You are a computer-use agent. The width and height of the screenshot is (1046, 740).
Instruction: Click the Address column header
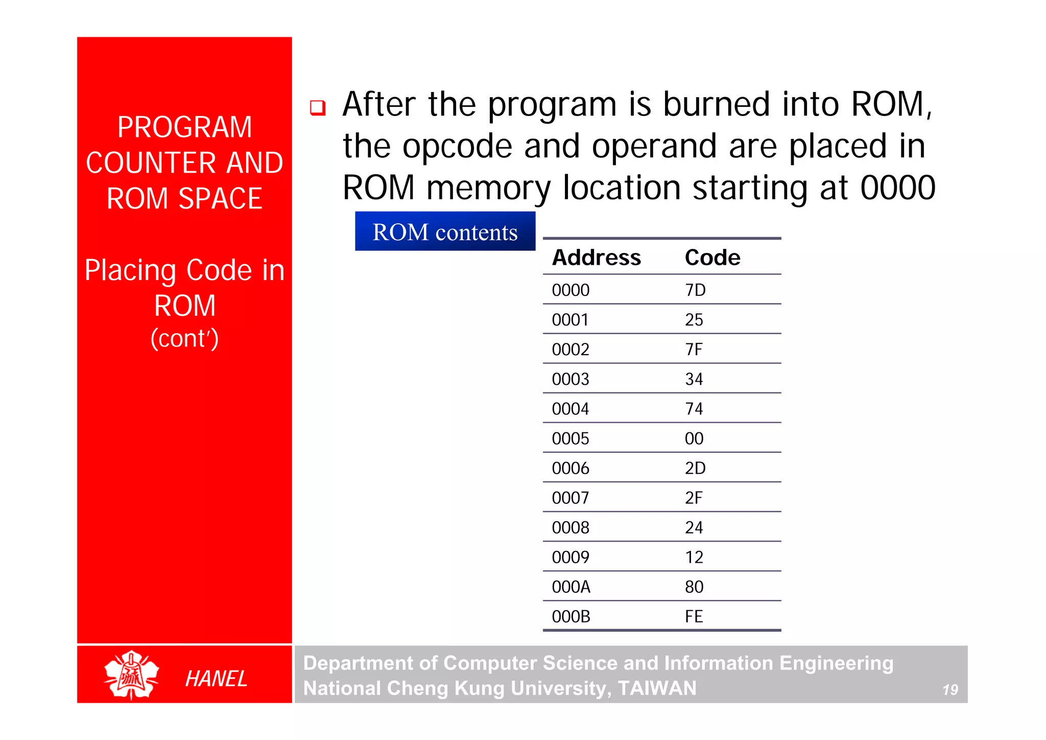tap(596, 258)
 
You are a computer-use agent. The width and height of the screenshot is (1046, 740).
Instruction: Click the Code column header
tap(712, 258)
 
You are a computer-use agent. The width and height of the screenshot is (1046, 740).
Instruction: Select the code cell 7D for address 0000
tap(695, 290)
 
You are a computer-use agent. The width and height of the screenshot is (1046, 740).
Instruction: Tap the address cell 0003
tap(570, 379)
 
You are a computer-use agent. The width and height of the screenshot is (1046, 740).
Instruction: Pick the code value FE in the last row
tap(694, 616)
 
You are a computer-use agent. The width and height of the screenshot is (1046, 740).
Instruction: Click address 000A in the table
tap(571, 587)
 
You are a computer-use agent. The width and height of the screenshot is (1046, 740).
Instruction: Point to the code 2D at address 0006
tap(695, 468)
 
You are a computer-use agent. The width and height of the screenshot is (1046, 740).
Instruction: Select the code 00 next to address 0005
tap(694, 438)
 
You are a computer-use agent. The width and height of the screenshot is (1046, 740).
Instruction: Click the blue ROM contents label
tap(445, 232)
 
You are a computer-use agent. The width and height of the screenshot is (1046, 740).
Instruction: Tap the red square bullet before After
tap(318, 108)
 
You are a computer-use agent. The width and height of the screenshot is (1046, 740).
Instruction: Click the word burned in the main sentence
tap(716, 104)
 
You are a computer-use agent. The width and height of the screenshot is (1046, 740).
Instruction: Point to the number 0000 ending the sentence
tap(897, 188)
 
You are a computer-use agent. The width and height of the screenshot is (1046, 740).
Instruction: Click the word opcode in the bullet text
tap(457, 146)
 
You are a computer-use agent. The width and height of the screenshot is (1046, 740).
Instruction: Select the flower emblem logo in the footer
tap(131, 675)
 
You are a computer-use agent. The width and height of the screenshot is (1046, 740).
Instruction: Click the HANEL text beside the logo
tap(216, 679)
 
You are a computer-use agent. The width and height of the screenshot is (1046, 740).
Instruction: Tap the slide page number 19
tap(950, 690)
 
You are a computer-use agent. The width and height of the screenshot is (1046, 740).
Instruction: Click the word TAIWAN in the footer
tap(657, 688)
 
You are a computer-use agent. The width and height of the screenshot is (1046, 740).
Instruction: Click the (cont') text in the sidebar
tap(184, 338)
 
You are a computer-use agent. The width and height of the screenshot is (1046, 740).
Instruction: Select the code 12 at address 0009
tap(694, 557)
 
